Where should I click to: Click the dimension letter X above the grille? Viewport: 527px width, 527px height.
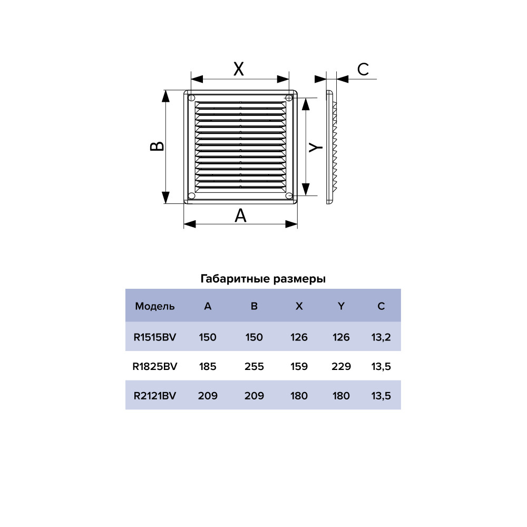(239, 69)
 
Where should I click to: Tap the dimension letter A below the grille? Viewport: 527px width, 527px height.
(240, 216)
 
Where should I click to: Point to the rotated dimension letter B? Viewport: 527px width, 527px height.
(157, 146)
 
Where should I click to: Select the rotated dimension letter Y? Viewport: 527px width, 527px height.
(316, 147)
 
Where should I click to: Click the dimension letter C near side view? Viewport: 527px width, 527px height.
(363, 70)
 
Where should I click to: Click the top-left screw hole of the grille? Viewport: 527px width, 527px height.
(192, 98)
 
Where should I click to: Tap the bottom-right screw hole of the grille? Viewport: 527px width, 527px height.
(289, 196)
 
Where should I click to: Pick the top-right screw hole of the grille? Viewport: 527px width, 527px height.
(289, 98)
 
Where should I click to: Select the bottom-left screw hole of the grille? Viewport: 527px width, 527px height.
(192, 196)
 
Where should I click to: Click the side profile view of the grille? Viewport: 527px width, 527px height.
(330, 147)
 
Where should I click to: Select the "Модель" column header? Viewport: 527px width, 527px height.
(154, 306)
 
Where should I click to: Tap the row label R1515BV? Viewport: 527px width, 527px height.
(154, 337)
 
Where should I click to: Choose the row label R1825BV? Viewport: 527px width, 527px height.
(154, 366)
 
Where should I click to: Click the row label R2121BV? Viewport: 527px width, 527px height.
(154, 396)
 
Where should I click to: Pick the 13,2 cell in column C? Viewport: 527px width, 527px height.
(381, 337)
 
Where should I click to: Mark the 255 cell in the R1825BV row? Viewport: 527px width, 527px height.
(254, 366)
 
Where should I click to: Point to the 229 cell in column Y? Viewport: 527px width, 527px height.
(341, 366)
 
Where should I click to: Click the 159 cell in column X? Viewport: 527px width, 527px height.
(299, 366)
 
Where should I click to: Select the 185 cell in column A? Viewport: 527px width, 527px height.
(207, 366)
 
